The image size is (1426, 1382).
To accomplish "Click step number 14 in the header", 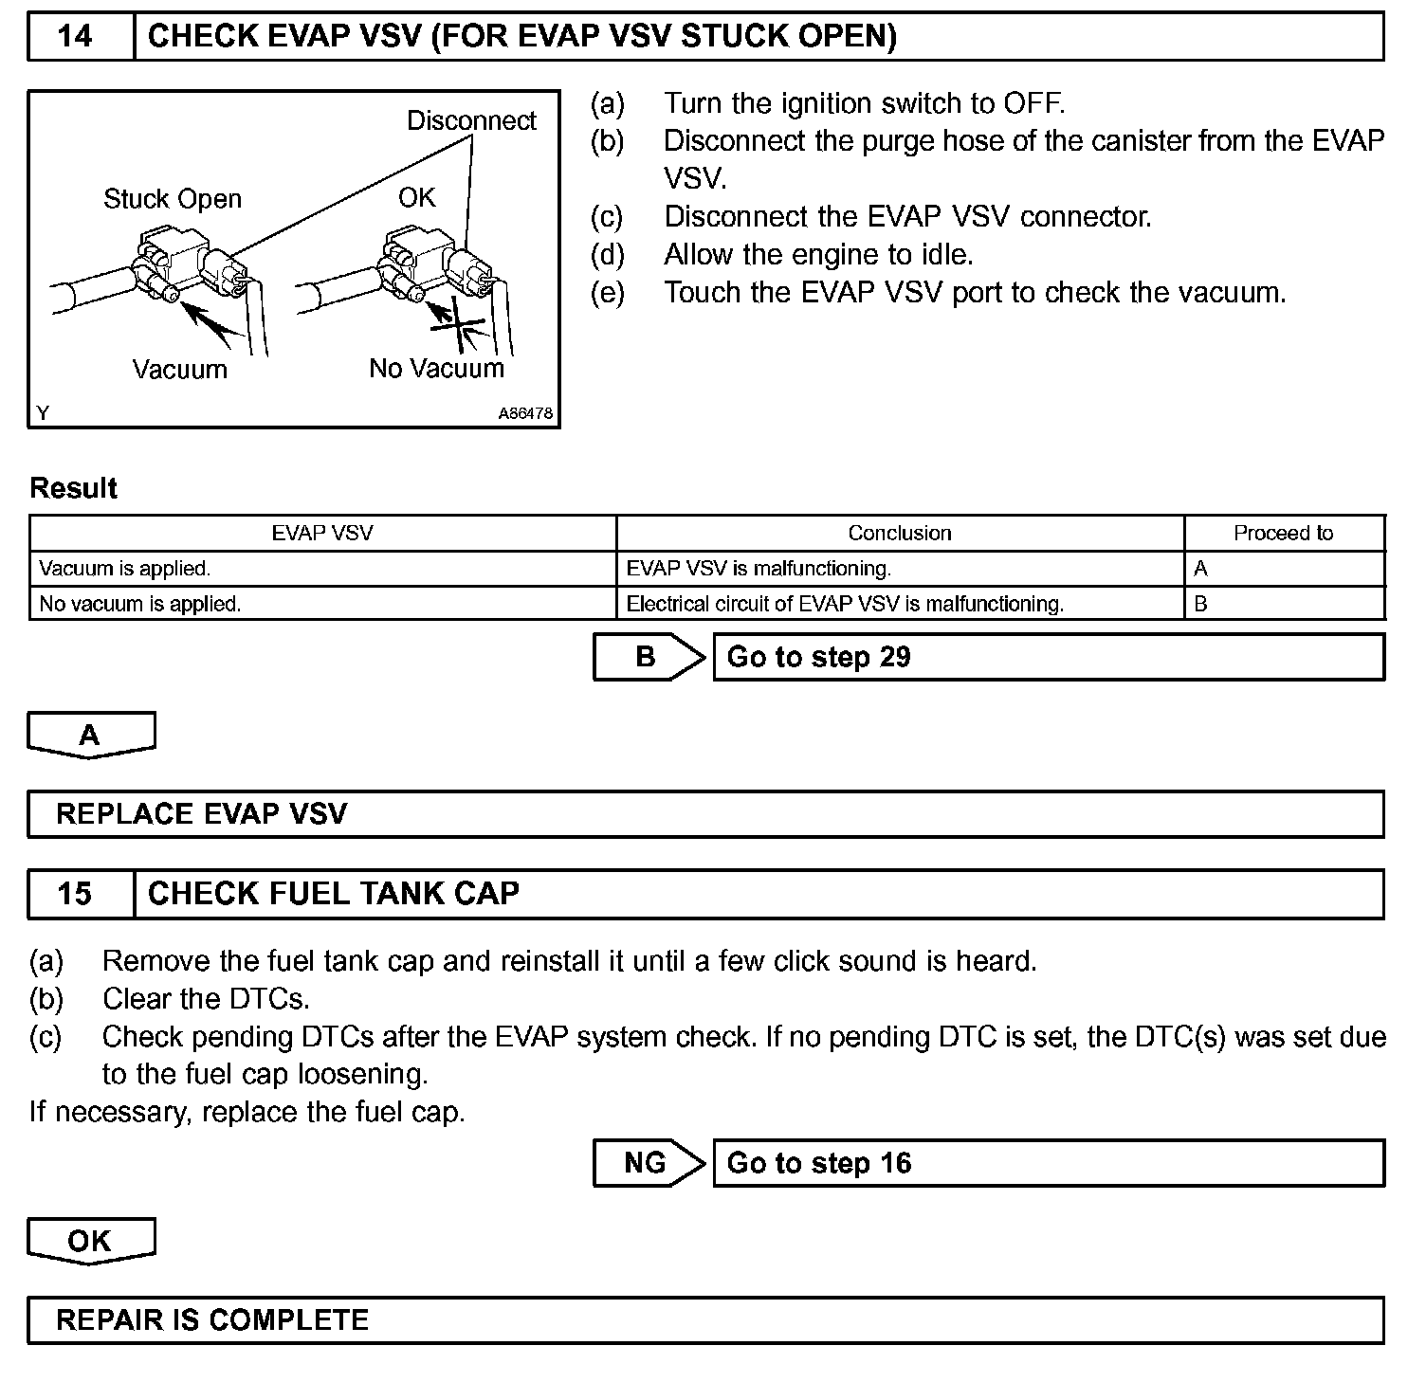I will pos(76,37).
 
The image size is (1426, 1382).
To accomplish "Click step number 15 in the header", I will pos(76,894).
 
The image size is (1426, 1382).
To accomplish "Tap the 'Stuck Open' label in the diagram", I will pos(173,199).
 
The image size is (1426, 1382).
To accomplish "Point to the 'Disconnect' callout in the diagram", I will pos(471,121).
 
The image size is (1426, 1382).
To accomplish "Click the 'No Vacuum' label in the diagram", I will pos(436,369).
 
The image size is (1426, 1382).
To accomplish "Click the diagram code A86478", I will pos(525,414).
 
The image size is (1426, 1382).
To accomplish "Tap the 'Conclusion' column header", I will pos(899,533).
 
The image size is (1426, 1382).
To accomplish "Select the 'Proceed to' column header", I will pos(1283,533).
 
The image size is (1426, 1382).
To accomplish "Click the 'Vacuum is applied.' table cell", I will pos(125,569).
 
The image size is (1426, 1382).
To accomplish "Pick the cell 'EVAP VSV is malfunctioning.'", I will pos(759,569).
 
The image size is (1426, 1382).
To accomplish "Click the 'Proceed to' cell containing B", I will pos(1201,604).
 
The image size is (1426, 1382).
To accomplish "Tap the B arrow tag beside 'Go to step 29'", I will pos(648,657).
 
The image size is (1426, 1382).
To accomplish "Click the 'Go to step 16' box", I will pos(1048,1163).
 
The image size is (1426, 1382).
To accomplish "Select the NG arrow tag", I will pos(648,1163).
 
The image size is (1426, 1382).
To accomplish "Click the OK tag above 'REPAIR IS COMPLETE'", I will pos(90,1241).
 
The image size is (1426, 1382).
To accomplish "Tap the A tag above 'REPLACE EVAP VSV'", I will pos(90,736).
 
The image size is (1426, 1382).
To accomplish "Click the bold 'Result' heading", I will pos(74,488).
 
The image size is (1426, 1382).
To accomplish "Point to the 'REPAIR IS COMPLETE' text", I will pos(212,1320).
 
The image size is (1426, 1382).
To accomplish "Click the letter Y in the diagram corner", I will pos(43,413).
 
